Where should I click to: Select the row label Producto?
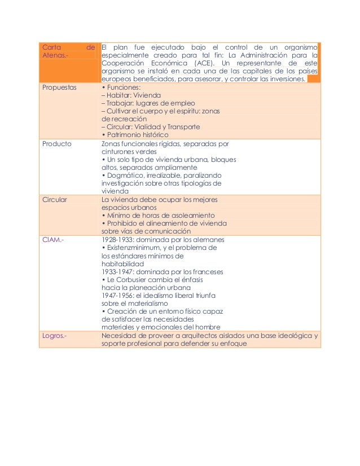click(x=57, y=143)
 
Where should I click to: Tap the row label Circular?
click(x=55, y=199)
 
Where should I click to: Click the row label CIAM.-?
click(x=53, y=239)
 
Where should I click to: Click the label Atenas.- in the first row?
click(x=55, y=56)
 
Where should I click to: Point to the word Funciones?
click(x=122, y=88)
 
